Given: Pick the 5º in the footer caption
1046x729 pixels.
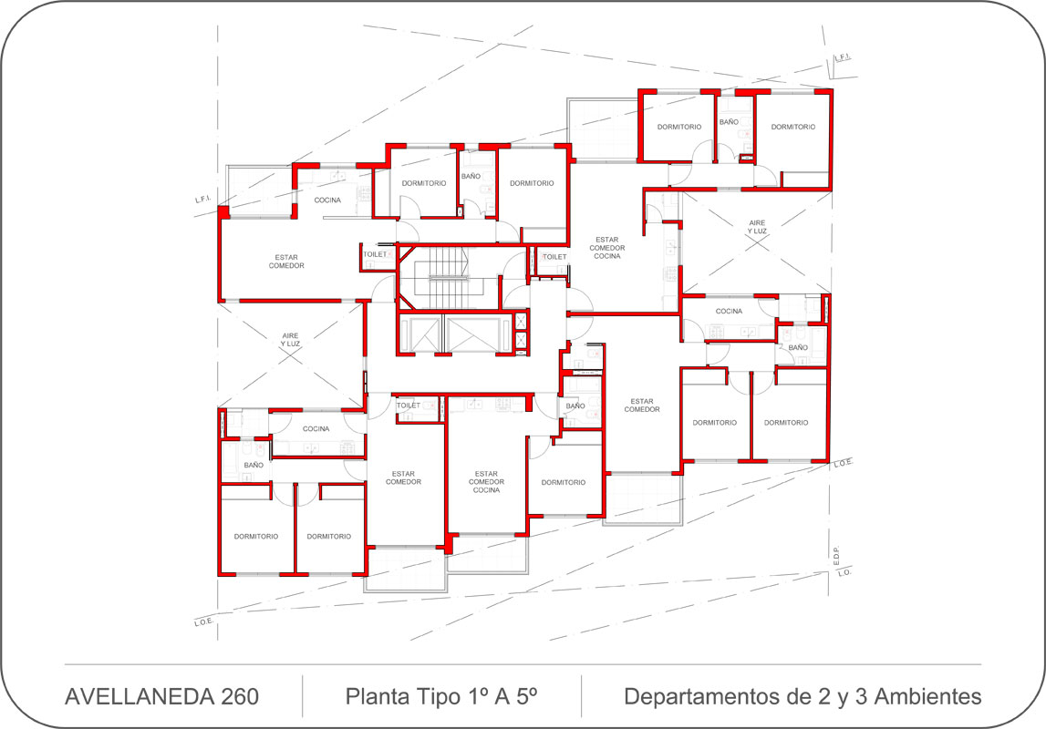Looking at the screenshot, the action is tap(527, 696).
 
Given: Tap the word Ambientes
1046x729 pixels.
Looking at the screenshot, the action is tap(927, 696).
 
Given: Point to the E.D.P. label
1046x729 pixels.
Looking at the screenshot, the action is tap(837, 557).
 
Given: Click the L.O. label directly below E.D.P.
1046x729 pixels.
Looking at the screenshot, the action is tap(844, 572).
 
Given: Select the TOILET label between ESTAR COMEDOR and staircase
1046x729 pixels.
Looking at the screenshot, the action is tap(375, 254).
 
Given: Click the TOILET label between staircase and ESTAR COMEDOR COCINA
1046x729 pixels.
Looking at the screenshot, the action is tap(554, 257).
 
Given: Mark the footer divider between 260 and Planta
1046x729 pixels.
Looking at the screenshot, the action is tap(302, 695).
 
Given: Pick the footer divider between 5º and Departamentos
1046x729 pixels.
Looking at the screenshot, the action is tap(581, 695).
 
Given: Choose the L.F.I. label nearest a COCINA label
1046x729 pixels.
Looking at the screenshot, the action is tap(202, 199).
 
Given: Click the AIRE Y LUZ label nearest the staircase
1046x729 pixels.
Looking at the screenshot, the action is tap(290, 340).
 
